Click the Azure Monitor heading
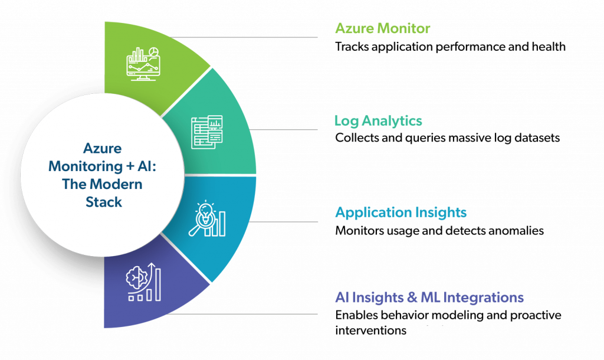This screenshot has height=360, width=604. point(382,28)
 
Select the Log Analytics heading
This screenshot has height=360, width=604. point(378,121)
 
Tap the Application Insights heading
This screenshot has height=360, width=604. point(401,212)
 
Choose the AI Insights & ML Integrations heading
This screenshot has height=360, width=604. point(429,297)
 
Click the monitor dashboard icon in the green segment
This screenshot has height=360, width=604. point(143,64)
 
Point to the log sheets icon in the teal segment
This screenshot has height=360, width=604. point(207,132)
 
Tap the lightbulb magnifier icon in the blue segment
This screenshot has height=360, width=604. point(207,218)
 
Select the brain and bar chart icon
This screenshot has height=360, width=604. point(143,282)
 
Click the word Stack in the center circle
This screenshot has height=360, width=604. point(104,202)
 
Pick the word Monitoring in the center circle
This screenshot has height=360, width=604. point(86,166)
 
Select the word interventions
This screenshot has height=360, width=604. point(370,330)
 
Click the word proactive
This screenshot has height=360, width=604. point(536,315)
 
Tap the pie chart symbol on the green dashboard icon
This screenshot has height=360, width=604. point(154,52)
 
